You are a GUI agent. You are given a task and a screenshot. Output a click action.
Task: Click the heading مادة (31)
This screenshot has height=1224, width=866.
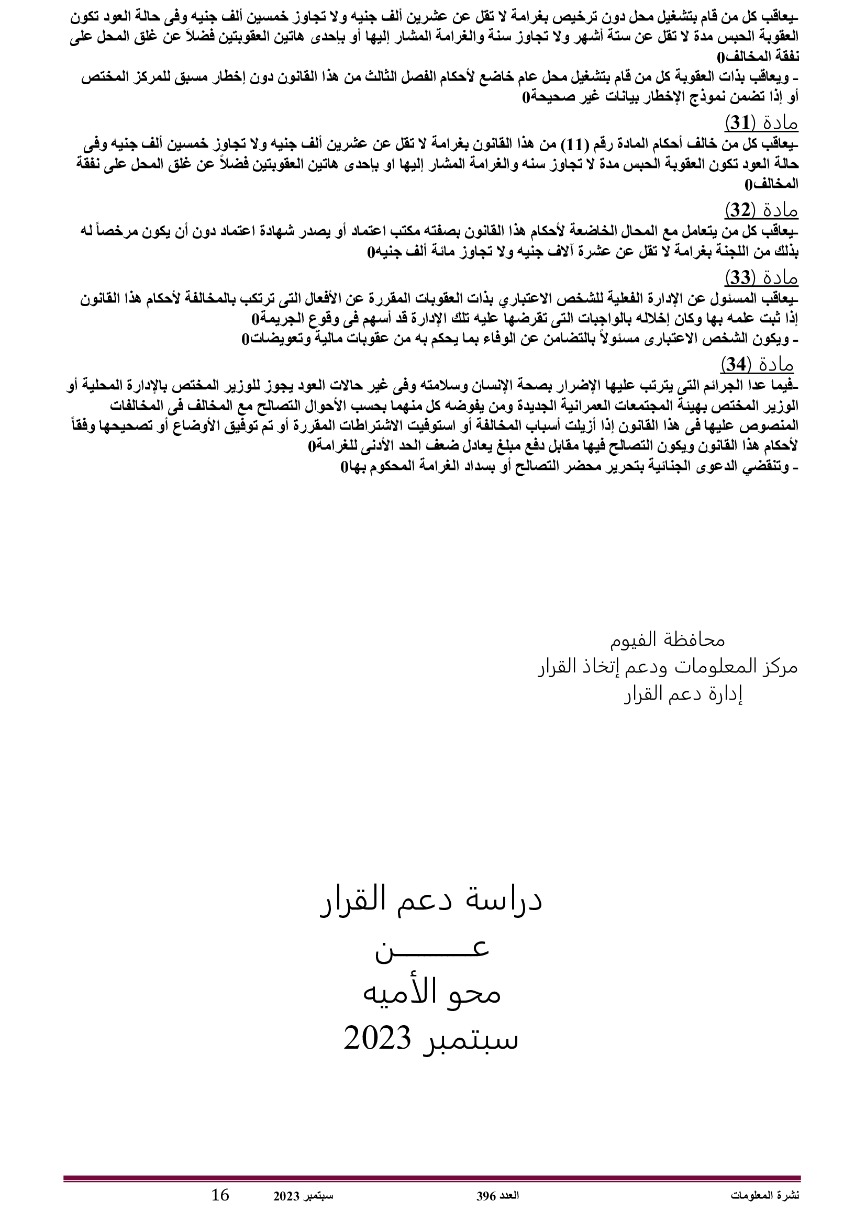(761, 123)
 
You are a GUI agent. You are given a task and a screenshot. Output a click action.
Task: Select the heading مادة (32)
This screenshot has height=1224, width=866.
(761, 210)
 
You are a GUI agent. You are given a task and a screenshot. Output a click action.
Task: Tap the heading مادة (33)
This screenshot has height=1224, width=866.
(761, 278)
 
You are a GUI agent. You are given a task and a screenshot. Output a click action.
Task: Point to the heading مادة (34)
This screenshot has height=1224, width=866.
(757, 365)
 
